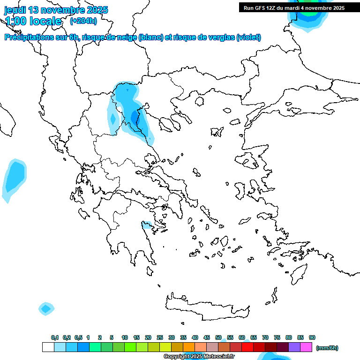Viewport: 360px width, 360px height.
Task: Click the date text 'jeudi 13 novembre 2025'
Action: [56, 10]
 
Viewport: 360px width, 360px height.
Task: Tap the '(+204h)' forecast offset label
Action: [83, 21]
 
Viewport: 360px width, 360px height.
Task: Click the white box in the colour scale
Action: [48, 347]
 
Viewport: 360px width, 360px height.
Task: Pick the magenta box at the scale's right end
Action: [306, 347]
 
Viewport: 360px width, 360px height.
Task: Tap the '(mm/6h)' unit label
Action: [327, 348]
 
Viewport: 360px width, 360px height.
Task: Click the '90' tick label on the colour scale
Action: [312, 337]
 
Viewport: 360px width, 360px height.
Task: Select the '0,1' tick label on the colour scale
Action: [55, 337]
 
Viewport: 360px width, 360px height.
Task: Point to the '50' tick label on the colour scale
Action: [218, 337]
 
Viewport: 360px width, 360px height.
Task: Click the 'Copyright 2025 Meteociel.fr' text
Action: [199, 357]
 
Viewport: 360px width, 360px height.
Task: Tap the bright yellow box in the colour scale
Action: [165, 347]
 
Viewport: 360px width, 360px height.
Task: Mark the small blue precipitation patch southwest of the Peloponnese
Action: [46, 308]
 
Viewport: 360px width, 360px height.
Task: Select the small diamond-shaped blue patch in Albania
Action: [112, 119]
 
